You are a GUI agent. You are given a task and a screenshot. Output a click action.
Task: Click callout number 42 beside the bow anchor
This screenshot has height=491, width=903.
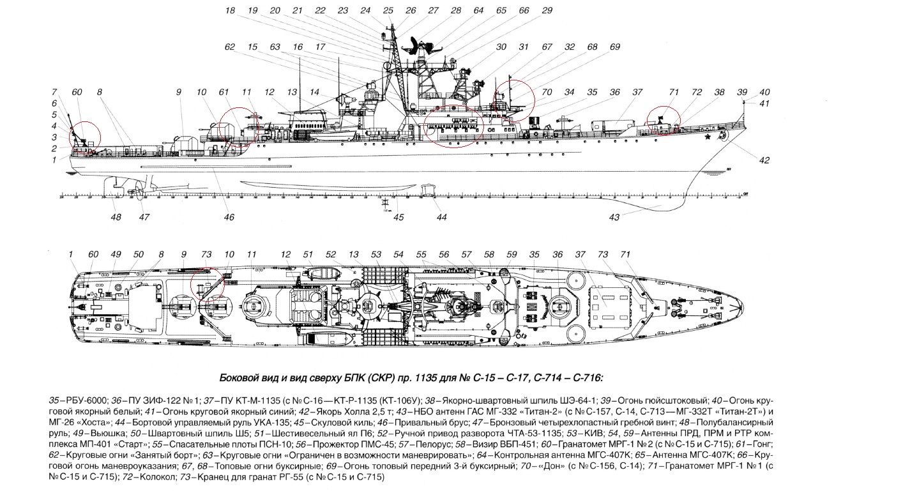[764, 160]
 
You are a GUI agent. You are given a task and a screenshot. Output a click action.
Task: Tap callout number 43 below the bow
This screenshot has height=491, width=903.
[614, 218]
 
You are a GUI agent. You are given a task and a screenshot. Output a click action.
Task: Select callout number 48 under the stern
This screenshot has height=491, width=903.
[116, 218]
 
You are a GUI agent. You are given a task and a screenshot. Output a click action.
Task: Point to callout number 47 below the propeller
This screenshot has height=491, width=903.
[144, 218]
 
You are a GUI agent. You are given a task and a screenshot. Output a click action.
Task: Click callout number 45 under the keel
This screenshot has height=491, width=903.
[398, 218]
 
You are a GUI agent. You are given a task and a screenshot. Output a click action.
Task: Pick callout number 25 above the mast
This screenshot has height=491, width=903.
[388, 11]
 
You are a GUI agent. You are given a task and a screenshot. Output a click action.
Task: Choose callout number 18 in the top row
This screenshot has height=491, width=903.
[230, 11]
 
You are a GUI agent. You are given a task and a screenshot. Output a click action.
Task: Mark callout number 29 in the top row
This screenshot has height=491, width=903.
[547, 11]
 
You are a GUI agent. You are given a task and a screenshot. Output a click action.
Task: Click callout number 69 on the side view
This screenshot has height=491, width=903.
[614, 47]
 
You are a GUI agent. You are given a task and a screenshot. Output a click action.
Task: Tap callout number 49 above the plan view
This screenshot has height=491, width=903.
[116, 255]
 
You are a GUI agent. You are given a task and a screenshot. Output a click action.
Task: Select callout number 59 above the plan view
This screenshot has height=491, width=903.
[511, 255]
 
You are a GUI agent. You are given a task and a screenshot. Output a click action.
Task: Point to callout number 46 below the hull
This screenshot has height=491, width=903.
[229, 218]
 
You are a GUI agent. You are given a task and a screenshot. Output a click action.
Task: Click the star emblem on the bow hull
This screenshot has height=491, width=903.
[708, 136]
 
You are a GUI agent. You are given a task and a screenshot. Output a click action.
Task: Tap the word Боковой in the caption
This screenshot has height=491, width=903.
[238, 377]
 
